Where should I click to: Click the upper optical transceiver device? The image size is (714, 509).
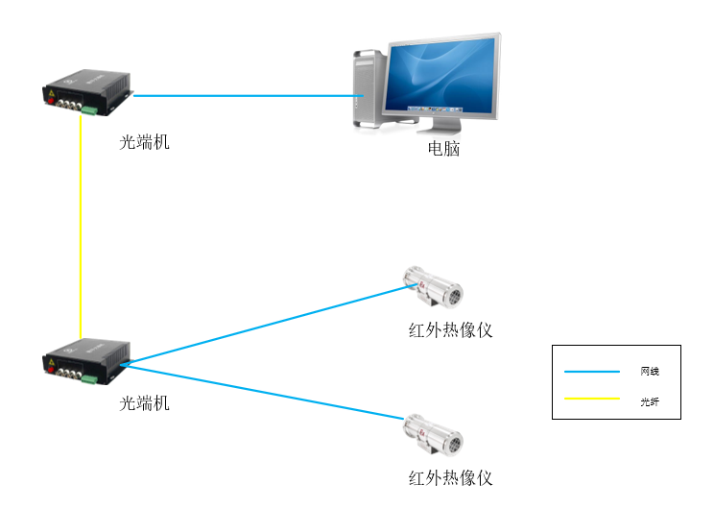pyautogui.click(x=86, y=92)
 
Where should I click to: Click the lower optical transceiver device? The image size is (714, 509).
pyautogui.click(x=86, y=362)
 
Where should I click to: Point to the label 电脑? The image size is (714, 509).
pyautogui.click(x=443, y=149)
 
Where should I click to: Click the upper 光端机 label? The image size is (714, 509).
pyautogui.click(x=145, y=142)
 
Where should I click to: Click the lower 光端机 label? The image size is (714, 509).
pyautogui.click(x=145, y=403)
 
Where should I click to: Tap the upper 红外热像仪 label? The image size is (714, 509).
pyautogui.click(x=450, y=330)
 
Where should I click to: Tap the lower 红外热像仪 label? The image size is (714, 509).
pyautogui.click(x=450, y=477)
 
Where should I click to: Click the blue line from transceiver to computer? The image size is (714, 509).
pyautogui.click(x=240, y=95)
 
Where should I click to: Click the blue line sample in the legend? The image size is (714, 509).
pyautogui.click(x=592, y=372)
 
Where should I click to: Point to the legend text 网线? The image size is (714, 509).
pyautogui.click(x=650, y=372)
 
